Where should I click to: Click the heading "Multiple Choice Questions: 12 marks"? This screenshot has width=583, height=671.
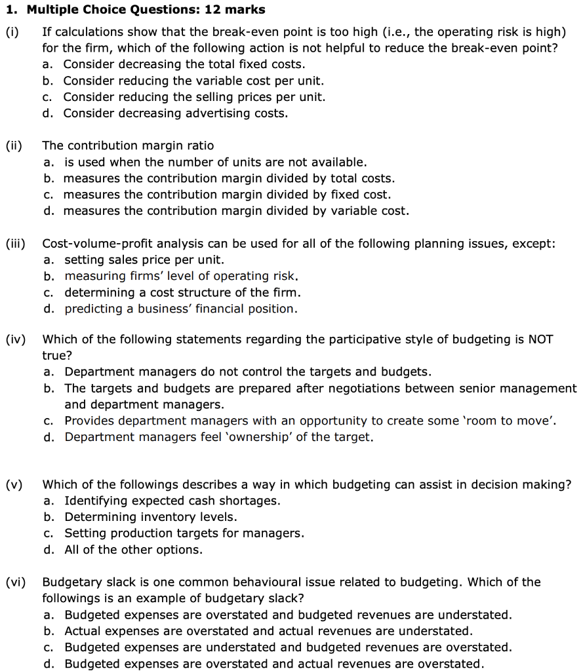146,9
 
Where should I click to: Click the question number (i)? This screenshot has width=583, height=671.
12,31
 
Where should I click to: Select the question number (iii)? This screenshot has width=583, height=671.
16,244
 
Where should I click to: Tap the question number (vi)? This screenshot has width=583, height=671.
15,582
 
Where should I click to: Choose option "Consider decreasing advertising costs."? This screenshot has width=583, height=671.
175,113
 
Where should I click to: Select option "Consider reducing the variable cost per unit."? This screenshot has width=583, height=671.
193,81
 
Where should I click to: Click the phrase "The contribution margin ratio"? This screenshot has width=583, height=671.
128,145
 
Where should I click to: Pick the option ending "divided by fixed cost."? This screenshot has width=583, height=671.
227,195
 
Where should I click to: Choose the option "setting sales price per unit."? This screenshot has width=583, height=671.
144,260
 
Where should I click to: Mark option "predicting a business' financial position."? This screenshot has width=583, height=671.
180,309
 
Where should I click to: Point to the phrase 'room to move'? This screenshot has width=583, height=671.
513,421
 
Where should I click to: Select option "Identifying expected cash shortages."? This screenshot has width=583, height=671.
172,501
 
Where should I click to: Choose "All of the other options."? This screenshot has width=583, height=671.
133,550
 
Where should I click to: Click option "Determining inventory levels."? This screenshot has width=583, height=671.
151,517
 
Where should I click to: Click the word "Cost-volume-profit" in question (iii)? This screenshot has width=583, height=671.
95,244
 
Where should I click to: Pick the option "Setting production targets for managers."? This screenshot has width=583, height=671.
184,533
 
